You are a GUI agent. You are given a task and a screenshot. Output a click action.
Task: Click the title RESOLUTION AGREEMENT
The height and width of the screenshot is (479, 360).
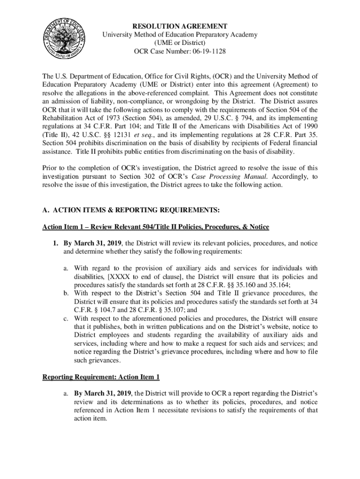(x=180, y=26)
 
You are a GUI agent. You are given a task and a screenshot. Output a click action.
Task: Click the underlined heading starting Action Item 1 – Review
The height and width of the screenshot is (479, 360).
(x=156, y=227)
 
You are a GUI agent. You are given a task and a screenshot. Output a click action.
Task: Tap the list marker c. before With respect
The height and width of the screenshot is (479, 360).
(x=66, y=318)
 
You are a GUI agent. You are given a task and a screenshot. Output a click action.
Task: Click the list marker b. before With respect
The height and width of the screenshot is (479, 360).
(x=66, y=293)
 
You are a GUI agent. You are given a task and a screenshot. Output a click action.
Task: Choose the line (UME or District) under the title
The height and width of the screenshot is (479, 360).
(x=180, y=43)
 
